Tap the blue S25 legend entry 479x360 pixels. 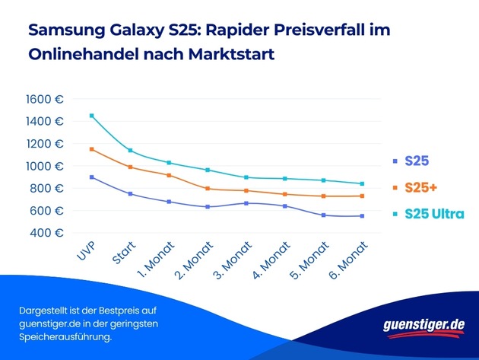417,161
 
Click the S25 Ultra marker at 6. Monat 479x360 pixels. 362,183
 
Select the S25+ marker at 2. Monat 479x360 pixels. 207,188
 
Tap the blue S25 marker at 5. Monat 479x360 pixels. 324,215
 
